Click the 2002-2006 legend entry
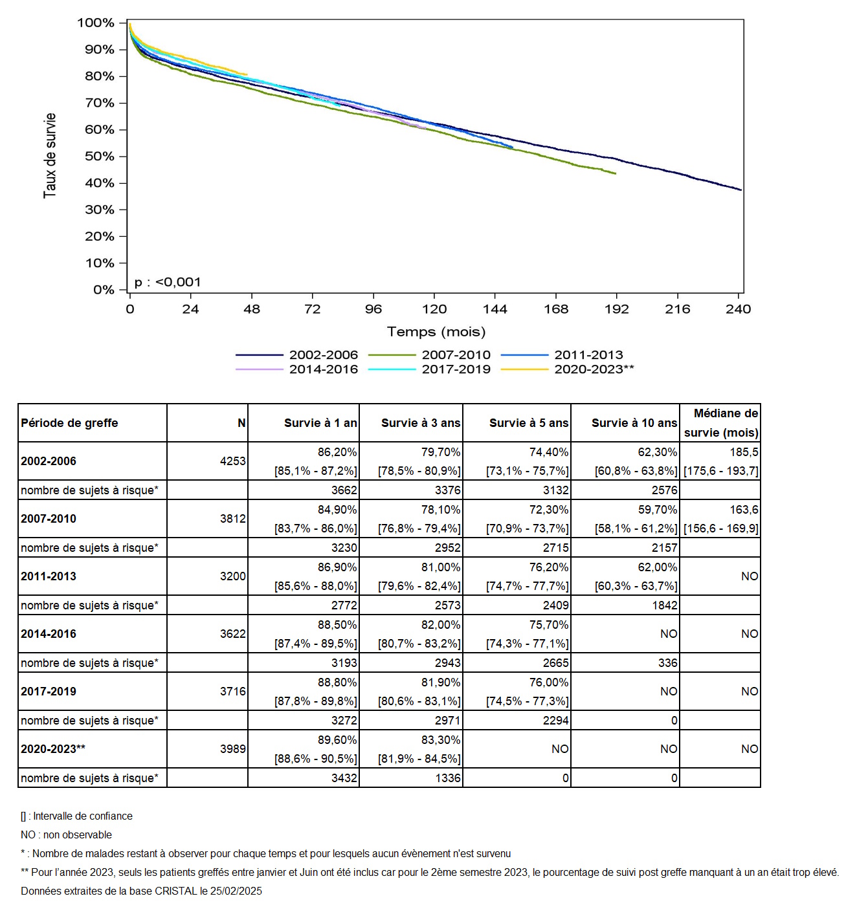[296, 354]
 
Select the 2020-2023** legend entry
[567, 369]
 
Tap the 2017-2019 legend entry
[429, 369]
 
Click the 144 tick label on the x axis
[495, 309]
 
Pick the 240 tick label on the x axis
[738, 309]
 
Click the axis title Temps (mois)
[436, 332]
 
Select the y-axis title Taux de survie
[49, 155]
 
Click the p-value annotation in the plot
[168, 282]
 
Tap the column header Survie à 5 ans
[528, 423]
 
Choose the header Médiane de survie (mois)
[721, 423]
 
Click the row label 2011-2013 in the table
[49, 576]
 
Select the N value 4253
[232, 461]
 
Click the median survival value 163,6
[744, 509]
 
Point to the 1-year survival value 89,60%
[337, 740]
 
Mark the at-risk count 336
[668, 663]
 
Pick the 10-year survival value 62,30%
[657, 452]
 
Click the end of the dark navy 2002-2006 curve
[741, 190]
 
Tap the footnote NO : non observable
[66, 835]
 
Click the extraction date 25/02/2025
[236, 891]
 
